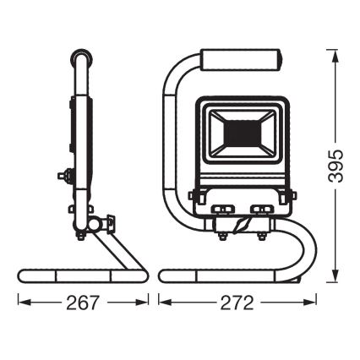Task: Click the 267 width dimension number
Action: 84,303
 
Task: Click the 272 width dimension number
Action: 238,303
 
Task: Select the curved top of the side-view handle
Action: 83,61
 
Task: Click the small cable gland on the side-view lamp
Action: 62,176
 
